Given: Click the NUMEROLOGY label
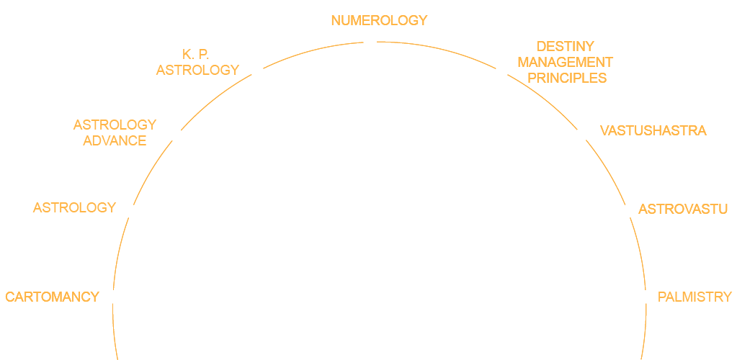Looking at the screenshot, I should [379, 21].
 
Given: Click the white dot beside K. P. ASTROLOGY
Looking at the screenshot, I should [256, 70].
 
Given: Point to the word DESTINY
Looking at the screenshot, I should [566, 47].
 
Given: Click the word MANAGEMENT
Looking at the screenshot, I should [566, 62].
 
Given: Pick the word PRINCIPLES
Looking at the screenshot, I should [567, 77].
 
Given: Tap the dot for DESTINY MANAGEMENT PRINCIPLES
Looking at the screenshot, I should [502, 70].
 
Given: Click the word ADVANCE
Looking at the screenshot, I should [115, 140].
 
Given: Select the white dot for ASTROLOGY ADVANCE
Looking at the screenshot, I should [176, 135].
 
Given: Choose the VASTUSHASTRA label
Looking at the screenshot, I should [653, 130].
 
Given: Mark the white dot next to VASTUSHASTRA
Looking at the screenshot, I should [581, 135].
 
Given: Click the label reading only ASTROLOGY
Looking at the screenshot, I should [75, 207].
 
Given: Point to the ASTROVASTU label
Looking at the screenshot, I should [683, 210].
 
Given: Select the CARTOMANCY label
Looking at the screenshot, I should [52, 297].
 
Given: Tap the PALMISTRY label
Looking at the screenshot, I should [694, 297].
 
